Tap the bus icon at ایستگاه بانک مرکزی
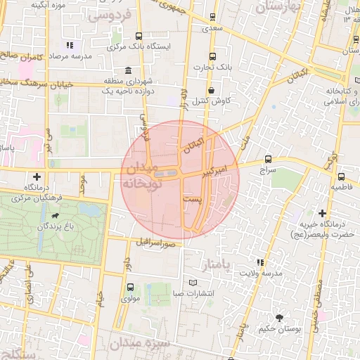[139, 36]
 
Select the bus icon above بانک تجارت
[212, 56]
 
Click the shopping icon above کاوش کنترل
[212, 89]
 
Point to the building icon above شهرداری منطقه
[127, 70]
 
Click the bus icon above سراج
[268, 159]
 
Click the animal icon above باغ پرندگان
[56, 216]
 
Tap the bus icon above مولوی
[130, 287]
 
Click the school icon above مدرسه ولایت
[262, 262]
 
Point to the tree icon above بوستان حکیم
[280, 318]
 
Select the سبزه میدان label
[140, 345]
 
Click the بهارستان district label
[278, 7]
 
